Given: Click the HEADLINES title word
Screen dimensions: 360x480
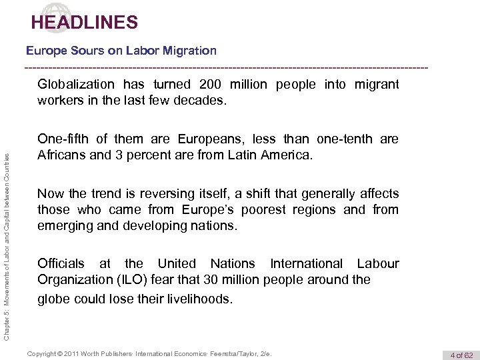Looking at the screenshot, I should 84,23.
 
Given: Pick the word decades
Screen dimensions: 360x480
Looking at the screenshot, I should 204,101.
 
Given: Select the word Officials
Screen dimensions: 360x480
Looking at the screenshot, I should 61,263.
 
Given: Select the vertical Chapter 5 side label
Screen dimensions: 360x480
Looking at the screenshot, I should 7,227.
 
